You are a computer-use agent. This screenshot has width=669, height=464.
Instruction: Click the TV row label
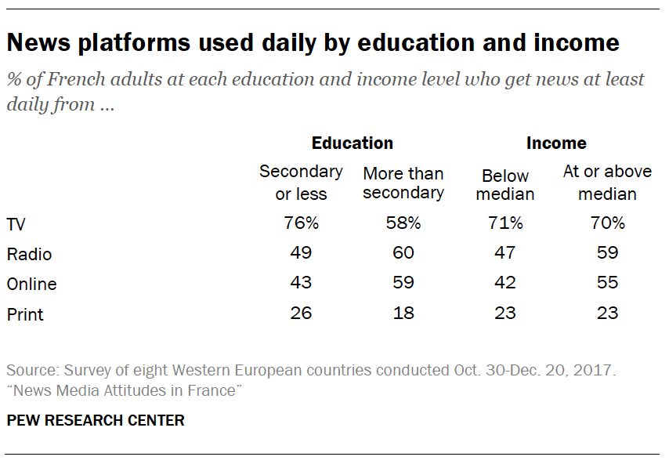pos(16,224)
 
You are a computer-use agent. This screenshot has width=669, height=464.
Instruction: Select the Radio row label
pos(29,254)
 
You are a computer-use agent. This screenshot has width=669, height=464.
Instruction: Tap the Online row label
pos(31,284)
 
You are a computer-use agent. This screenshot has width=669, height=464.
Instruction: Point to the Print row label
pos(25,314)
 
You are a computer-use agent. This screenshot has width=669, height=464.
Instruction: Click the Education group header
pos(352,143)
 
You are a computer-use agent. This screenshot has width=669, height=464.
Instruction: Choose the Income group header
pos(556,143)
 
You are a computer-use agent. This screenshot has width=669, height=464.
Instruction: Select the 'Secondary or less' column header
pos(301,182)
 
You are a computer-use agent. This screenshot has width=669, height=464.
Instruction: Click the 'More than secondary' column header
pos(403,183)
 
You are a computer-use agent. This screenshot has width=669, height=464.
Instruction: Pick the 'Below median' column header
pos(505,184)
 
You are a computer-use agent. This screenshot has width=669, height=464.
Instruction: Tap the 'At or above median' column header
pos(607,182)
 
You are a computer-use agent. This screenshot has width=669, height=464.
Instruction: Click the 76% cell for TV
pos(301,223)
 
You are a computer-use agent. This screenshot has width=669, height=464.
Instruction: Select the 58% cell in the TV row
pos(403,223)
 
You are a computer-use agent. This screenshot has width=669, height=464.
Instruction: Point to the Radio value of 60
pos(403,253)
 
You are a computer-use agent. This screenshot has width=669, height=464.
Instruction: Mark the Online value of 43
pos(301,283)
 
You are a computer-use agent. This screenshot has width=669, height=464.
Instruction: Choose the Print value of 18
pos(403,314)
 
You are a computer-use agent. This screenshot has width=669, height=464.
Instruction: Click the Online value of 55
pos(607,283)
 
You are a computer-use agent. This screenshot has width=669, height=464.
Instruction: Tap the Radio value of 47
pos(505,253)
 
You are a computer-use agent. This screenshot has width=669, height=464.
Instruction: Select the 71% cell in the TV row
pos(505,223)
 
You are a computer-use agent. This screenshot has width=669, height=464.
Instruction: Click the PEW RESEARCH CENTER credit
pos(96,421)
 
